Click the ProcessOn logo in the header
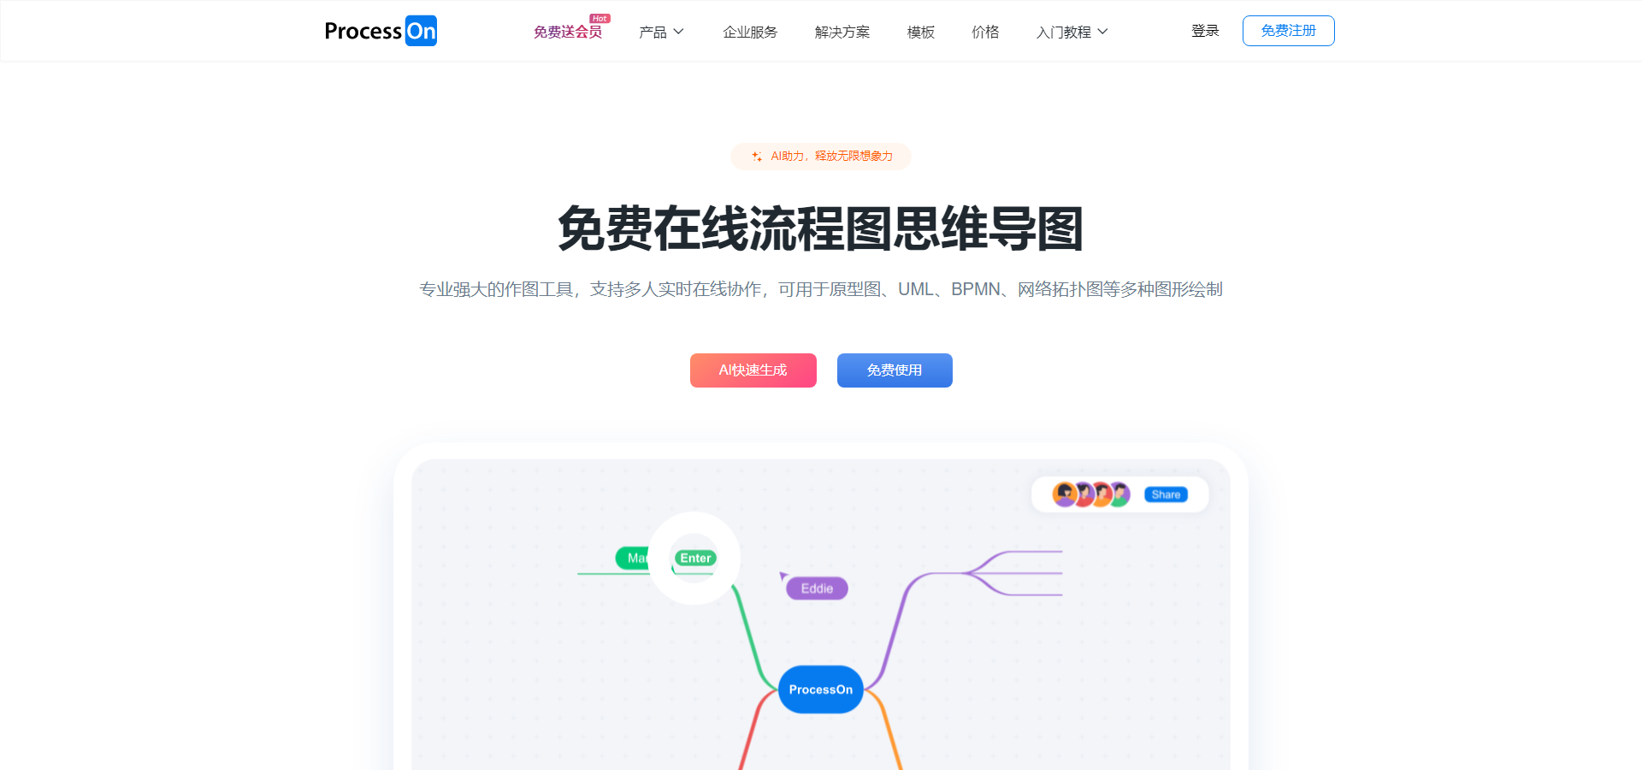coord(381,31)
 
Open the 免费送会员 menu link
coord(568,32)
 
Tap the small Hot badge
coord(600,18)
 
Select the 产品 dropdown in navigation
coord(661,32)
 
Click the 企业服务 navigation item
coord(750,32)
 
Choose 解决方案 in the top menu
coord(842,32)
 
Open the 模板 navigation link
coord(921,32)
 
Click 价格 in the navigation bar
coord(985,32)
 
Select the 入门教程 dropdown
coord(1072,32)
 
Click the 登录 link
coord(1205,31)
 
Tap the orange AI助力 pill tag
coord(821,157)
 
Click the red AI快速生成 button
coord(753,370)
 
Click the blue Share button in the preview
coord(1166,495)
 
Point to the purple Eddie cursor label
coord(817,589)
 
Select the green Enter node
coord(695,558)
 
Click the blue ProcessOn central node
coord(821,690)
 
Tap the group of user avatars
coord(1091,495)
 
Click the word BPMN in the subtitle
coord(976,289)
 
